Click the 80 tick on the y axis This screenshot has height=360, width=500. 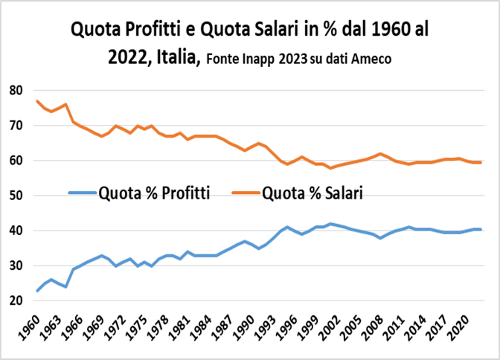click(x=16, y=90)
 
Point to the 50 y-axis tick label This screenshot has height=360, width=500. click(x=16, y=196)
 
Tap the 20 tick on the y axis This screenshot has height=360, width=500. click(x=16, y=301)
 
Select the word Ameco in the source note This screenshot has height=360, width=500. click(x=373, y=59)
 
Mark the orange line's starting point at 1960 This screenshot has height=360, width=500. click(x=36, y=101)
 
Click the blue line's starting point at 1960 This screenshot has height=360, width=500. click(x=36, y=291)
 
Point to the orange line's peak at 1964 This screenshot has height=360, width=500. click(x=66, y=104)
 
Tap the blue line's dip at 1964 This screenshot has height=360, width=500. click(x=66, y=287)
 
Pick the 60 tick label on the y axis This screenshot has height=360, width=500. click(x=16, y=161)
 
